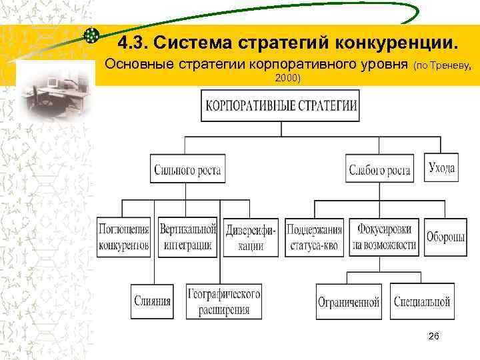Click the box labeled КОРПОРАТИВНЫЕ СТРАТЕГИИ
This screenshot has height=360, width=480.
pyautogui.click(x=280, y=106)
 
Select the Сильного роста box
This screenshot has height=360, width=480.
pyautogui.click(x=187, y=169)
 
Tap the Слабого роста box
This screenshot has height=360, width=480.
pyautogui.click(x=379, y=169)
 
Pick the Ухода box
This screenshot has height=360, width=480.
pyautogui.click(x=441, y=167)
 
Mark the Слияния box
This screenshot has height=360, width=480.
pyautogui.click(x=152, y=301)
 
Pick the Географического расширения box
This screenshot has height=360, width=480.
pyautogui.click(x=223, y=301)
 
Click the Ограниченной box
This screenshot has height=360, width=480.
pyautogui.click(x=349, y=301)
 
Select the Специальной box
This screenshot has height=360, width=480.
pyautogui.click(x=422, y=301)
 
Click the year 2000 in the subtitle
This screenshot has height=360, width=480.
pyautogui.click(x=285, y=79)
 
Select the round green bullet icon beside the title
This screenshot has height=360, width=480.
pyautogui.click(x=93, y=34)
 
